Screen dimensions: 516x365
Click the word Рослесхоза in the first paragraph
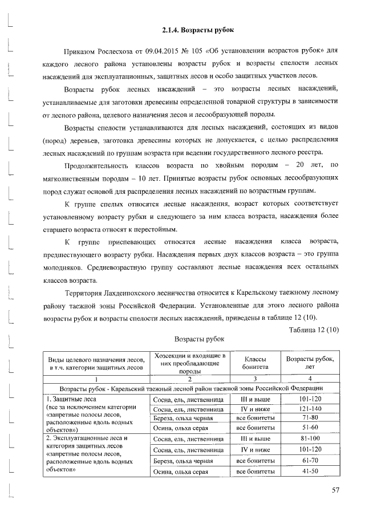click(x=111, y=51)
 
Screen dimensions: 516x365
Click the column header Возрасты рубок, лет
click(x=310, y=363)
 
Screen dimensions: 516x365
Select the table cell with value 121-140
click(x=310, y=409)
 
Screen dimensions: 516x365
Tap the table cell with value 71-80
click(x=310, y=418)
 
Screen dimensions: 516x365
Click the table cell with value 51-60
click(x=310, y=427)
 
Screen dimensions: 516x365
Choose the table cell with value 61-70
click(x=310, y=461)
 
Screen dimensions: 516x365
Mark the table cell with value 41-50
click(x=310, y=472)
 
